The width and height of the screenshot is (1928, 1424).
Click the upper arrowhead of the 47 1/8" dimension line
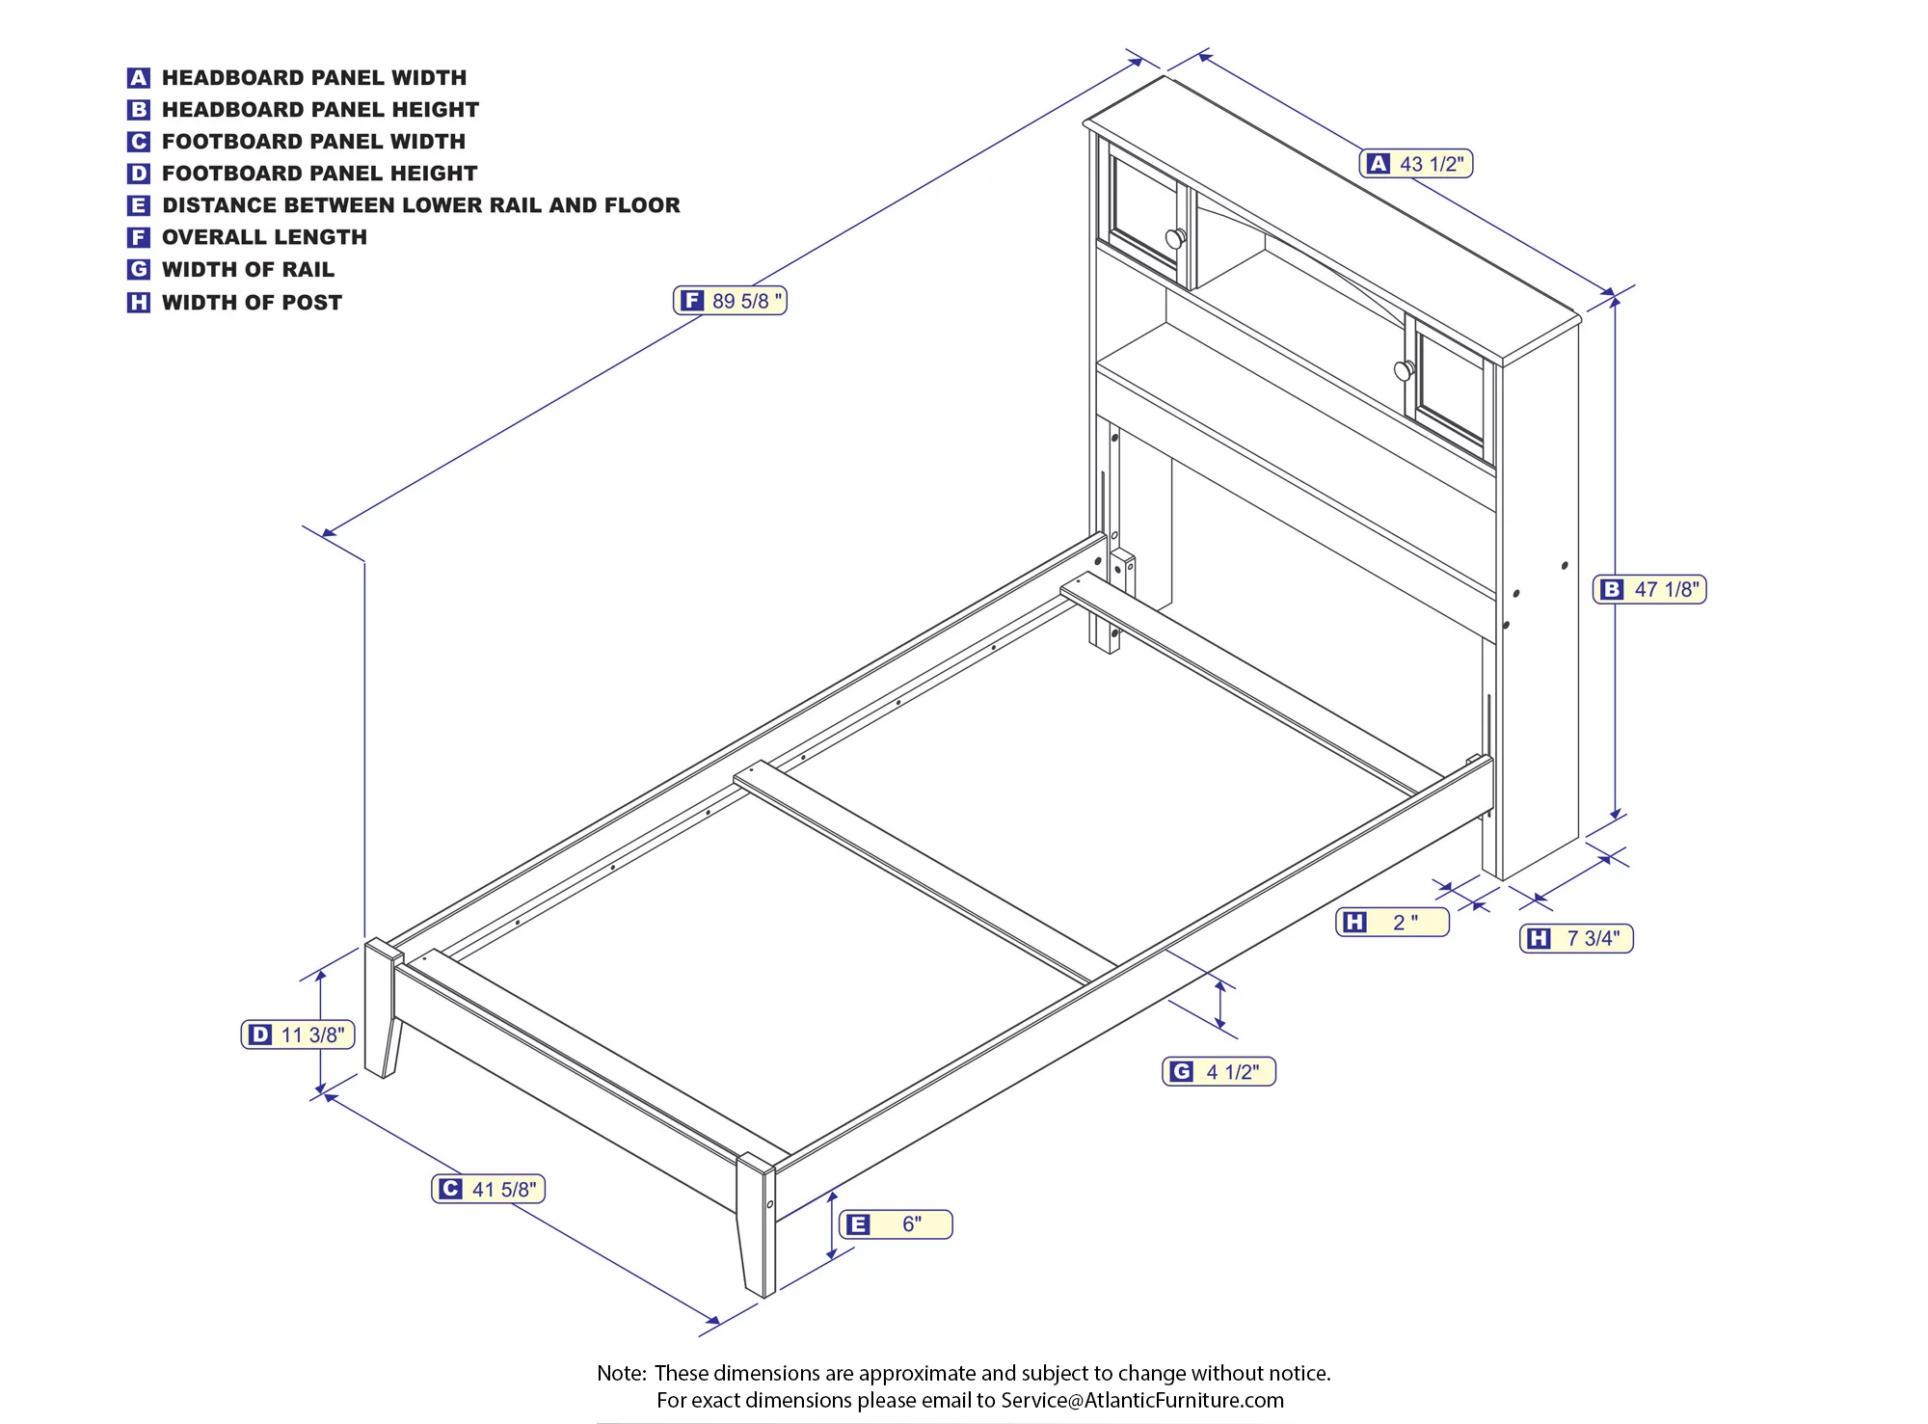point(1616,301)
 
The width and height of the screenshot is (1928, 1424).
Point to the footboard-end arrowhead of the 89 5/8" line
point(329,532)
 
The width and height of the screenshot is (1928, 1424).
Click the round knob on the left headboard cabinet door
point(1176,238)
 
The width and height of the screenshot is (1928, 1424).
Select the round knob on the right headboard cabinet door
point(1405,369)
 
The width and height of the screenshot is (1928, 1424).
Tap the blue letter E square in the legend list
point(139,205)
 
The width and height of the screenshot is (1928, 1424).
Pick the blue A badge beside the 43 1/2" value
point(1379,164)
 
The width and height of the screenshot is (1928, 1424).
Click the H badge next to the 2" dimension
point(1354,923)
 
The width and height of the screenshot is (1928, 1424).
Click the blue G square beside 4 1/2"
point(1181,1071)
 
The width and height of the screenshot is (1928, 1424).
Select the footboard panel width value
point(504,1190)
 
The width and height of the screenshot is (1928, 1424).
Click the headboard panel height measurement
point(1667,589)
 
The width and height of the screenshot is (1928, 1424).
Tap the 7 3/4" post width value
point(1593,938)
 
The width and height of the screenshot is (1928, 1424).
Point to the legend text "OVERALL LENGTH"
point(264,237)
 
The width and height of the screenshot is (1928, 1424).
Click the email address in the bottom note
point(1142,1400)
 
